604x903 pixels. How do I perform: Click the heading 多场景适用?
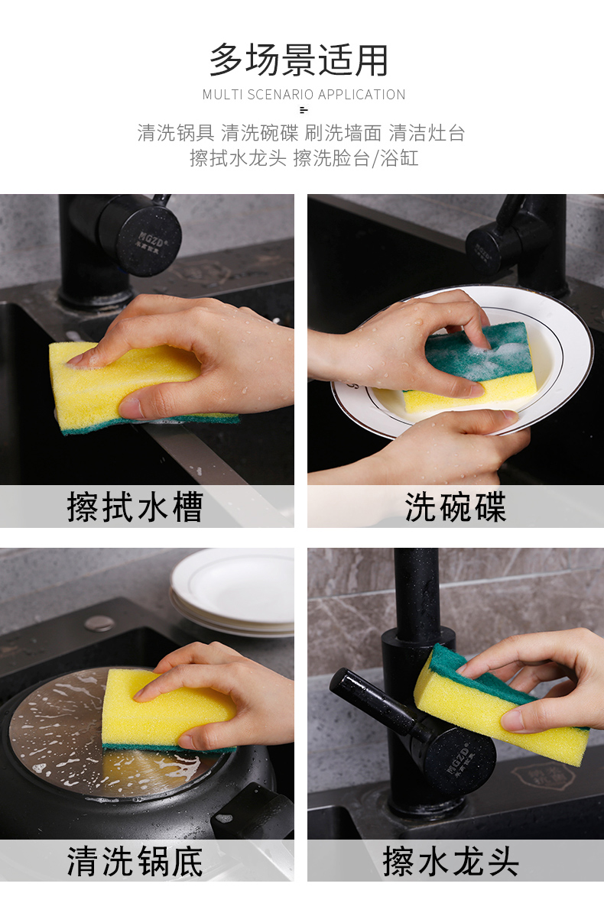pos(298,60)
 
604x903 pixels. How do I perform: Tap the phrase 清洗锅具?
pos(176,133)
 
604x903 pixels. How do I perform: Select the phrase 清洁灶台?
pos(427,133)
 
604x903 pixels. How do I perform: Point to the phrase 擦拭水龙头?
pos(238,158)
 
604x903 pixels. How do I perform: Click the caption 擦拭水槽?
pos(135,507)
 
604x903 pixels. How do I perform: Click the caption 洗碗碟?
pos(456,507)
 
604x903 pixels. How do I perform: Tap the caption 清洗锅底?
pos(135,861)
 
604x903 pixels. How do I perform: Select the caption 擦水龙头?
pos(450,861)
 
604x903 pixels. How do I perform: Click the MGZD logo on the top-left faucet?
pos(151,242)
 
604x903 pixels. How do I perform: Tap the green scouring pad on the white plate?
pos(479,351)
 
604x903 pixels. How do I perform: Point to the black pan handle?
pos(254,812)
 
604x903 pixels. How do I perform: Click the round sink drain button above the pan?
pos(99,623)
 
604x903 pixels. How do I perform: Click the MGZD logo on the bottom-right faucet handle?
pos(458,760)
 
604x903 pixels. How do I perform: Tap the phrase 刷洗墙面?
pos(343,133)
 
